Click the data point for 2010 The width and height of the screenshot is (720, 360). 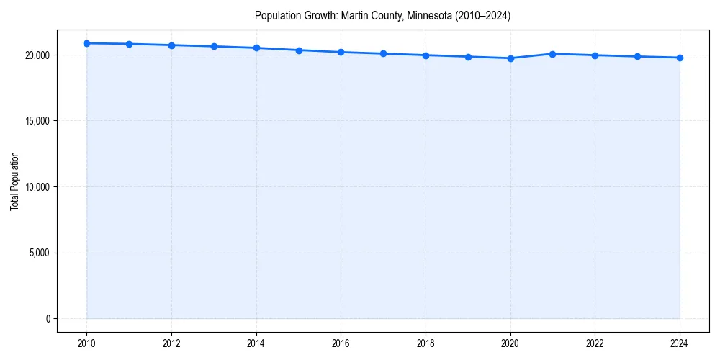click(x=86, y=43)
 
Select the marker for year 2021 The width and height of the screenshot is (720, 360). click(x=552, y=54)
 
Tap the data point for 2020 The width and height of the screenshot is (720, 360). click(x=510, y=58)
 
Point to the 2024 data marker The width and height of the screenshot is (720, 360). click(x=680, y=58)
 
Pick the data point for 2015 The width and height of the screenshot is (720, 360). click(x=299, y=50)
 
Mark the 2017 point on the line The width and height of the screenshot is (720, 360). click(x=383, y=53)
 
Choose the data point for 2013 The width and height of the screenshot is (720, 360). click(x=214, y=46)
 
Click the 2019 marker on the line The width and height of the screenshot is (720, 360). click(x=468, y=57)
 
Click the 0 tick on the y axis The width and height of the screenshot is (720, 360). click(x=47, y=319)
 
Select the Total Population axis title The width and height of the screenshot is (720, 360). click(x=14, y=181)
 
